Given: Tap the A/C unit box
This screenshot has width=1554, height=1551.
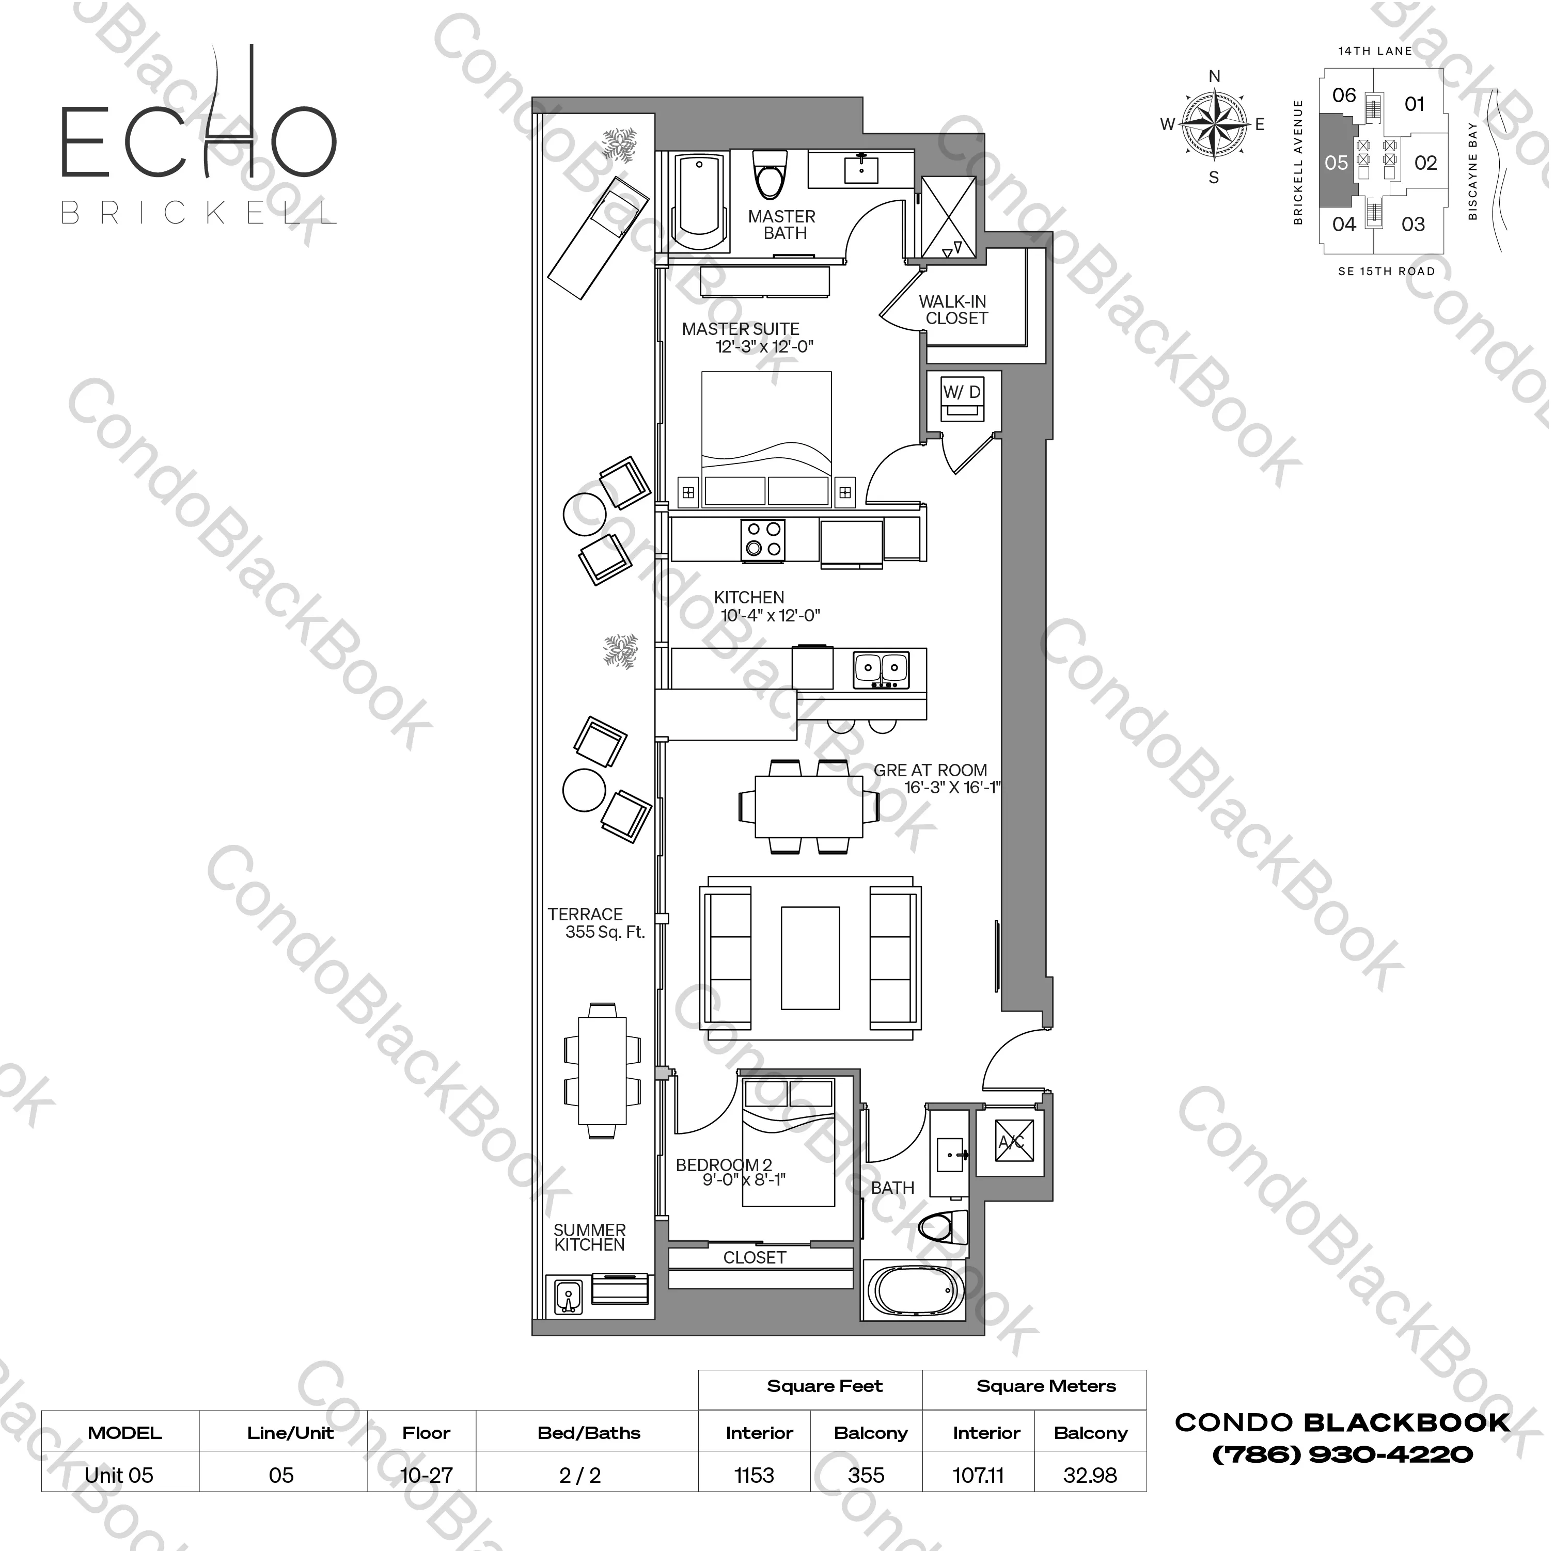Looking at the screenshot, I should (x=1013, y=1142).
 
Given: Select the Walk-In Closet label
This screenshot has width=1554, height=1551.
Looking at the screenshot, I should (x=953, y=310).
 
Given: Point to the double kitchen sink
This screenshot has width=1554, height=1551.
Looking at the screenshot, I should (x=881, y=667).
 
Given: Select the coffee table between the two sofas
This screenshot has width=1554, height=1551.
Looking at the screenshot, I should (x=810, y=957).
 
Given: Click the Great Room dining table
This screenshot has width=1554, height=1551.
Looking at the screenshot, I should (x=808, y=806).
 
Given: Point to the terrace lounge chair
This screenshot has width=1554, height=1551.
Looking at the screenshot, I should (x=599, y=237).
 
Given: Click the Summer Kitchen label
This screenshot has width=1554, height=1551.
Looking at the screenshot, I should (x=590, y=1237).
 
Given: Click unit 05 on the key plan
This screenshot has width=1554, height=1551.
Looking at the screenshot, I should (x=1336, y=163).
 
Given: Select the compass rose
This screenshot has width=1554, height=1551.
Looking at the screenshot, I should (x=1213, y=124).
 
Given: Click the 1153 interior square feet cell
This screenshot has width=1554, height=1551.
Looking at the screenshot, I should (x=755, y=1476).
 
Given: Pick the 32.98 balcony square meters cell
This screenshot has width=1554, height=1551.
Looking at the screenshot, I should (x=1090, y=1476).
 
